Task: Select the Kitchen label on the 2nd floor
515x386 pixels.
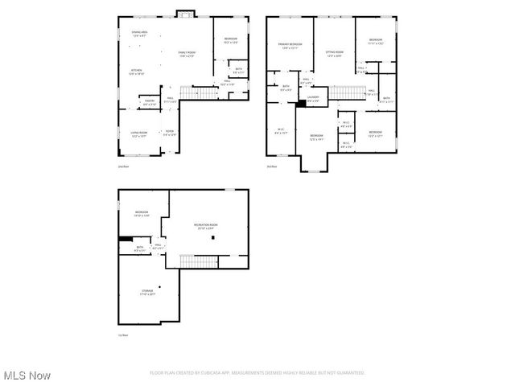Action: [x=137, y=72]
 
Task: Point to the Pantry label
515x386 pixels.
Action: [x=150, y=102]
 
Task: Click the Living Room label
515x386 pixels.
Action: [x=139, y=134]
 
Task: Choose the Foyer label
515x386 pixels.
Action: [x=170, y=133]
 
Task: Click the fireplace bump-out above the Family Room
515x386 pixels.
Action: [x=186, y=13]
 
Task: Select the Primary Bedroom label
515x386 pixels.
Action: [x=290, y=44]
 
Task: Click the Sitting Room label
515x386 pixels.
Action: [x=334, y=54]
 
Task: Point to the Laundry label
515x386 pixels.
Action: [x=313, y=99]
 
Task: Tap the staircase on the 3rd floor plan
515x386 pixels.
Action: [x=348, y=92]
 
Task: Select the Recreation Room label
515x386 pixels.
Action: [x=205, y=226]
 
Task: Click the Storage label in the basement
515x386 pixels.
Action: [x=146, y=293]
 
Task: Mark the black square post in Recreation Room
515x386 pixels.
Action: [x=213, y=238]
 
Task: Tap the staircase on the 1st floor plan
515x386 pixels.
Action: [x=198, y=261]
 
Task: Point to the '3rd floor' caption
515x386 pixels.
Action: [x=272, y=166]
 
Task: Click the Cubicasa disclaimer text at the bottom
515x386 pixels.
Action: [x=257, y=373]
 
